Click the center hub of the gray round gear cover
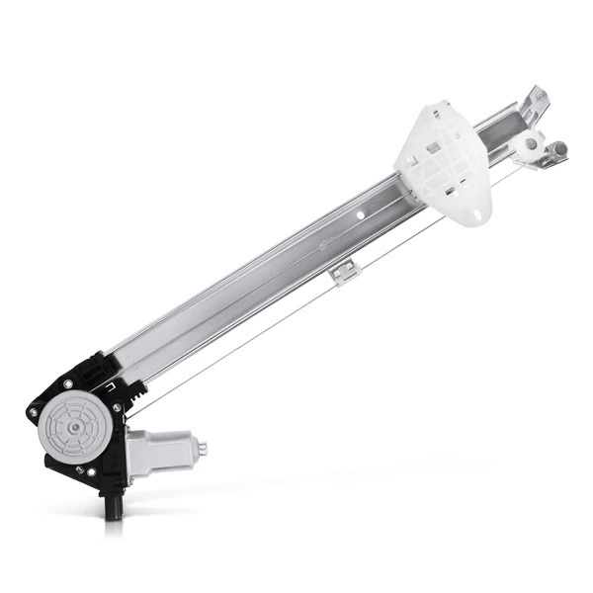point(75,426)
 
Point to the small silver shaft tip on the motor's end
point(204,448)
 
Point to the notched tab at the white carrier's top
point(434,109)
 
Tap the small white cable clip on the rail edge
point(343,273)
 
